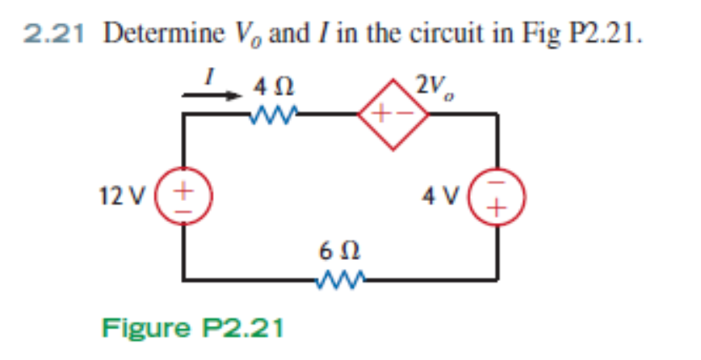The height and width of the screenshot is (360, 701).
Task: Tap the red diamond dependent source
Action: (x=392, y=115)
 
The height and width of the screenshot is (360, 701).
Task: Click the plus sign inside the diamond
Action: (x=381, y=115)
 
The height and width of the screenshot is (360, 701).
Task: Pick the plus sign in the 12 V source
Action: (x=184, y=190)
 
